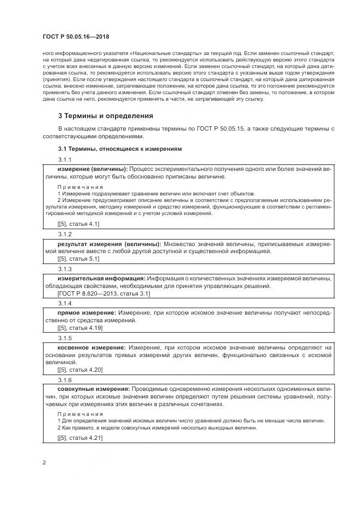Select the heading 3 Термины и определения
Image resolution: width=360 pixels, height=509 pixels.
point(106,115)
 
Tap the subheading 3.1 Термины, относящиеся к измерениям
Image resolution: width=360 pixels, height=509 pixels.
point(120,148)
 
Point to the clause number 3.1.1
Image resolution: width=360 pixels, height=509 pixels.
point(65,159)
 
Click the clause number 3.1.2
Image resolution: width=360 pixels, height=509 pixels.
point(65,234)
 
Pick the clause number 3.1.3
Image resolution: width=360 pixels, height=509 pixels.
point(65,269)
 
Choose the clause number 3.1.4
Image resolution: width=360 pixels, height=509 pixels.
point(65,303)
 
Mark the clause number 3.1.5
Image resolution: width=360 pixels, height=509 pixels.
point(65,338)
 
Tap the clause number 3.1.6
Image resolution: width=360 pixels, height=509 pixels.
point(65,379)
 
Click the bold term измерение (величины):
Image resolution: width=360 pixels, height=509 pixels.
point(93,169)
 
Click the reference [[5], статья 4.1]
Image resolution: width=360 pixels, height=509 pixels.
point(78,224)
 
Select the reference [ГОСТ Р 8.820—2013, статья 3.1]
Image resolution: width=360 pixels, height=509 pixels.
point(103,293)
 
